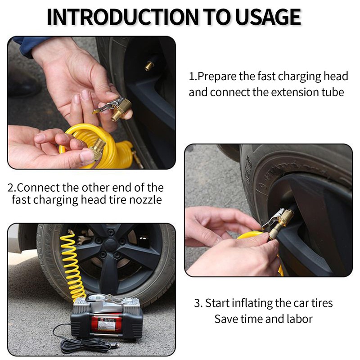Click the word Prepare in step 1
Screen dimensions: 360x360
click(217, 76)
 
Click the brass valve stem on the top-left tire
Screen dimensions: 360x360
click(149, 65)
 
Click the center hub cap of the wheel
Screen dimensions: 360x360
click(110, 246)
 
